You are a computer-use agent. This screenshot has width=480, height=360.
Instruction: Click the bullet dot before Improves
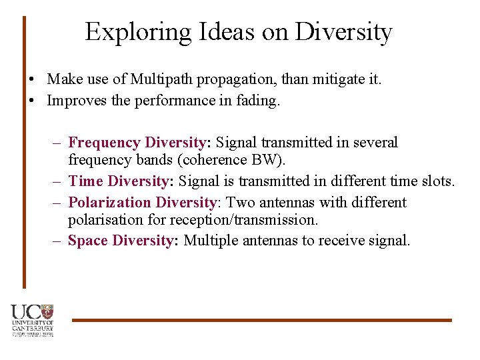[32, 101]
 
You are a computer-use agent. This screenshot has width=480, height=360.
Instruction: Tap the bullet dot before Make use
[32, 80]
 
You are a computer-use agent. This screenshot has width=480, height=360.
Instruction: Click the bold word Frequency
[104, 143]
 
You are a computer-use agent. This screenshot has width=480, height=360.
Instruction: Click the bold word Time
[85, 181]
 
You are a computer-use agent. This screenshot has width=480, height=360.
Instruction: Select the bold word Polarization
[110, 203]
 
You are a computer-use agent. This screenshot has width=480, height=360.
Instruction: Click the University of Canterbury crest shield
[47, 311]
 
